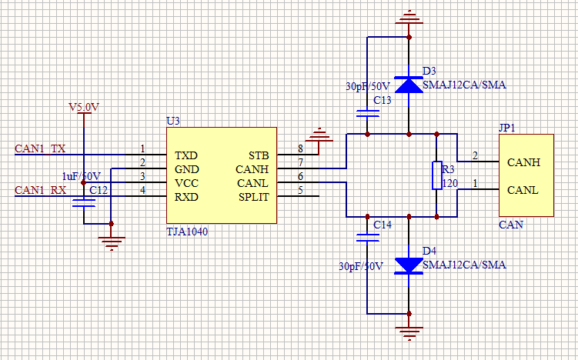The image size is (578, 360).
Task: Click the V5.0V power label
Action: [83, 107]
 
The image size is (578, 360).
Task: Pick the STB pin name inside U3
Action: [258, 155]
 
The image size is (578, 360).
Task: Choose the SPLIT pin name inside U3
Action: [253, 197]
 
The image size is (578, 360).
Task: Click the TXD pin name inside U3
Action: [185, 155]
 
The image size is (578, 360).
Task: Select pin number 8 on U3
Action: [300, 148]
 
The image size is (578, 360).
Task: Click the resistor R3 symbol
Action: [436, 175]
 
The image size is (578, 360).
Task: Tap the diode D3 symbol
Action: [408, 84]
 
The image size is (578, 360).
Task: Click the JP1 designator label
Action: [506, 128]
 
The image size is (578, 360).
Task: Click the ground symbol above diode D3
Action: [408, 17]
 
